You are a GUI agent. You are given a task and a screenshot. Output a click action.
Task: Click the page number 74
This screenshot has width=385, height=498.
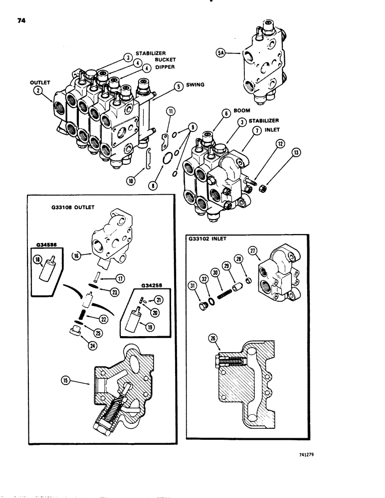pyautogui.click(x=21, y=21)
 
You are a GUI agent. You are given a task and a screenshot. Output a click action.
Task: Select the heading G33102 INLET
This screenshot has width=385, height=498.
pyautogui.click(x=208, y=239)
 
